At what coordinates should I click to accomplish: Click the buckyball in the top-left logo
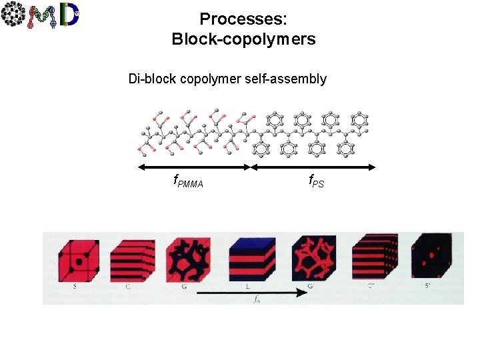[x=13, y=15]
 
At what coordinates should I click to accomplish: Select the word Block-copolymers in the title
[x=243, y=39]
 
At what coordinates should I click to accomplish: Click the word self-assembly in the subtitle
[x=288, y=79]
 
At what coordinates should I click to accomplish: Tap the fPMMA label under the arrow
[x=188, y=181]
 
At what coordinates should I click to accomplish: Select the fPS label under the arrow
[x=316, y=180]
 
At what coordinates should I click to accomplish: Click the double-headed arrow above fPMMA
[x=194, y=167]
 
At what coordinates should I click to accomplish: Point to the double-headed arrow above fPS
[x=314, y=167]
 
